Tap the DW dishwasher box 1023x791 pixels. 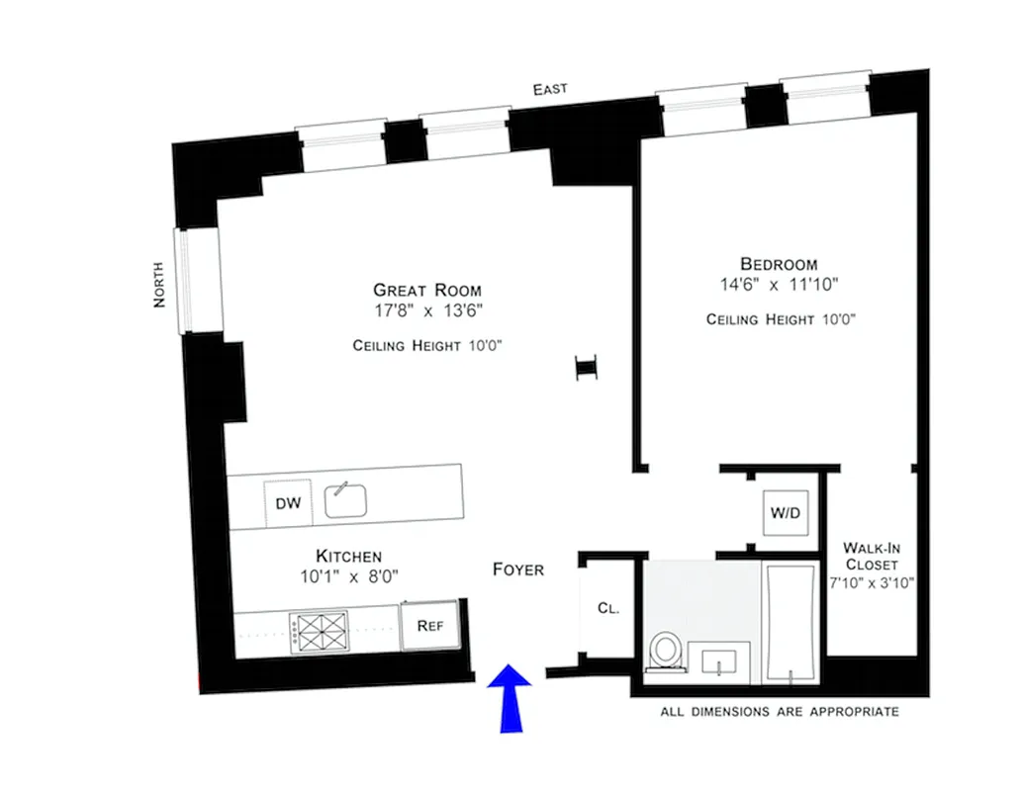point(288,503)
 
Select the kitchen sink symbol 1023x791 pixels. point(346,501)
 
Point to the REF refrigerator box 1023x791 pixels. point(428,625)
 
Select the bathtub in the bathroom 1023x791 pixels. point(790,621)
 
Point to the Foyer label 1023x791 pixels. point(518,570)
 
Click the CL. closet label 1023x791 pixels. point(607,609)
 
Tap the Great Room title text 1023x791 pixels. point(427,291)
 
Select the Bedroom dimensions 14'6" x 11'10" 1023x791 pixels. point(780,285)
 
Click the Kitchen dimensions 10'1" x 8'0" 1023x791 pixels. point(348,575)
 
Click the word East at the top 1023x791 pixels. point(550,89)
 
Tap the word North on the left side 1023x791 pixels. point(159,284)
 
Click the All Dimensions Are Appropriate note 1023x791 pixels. point(780,712)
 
